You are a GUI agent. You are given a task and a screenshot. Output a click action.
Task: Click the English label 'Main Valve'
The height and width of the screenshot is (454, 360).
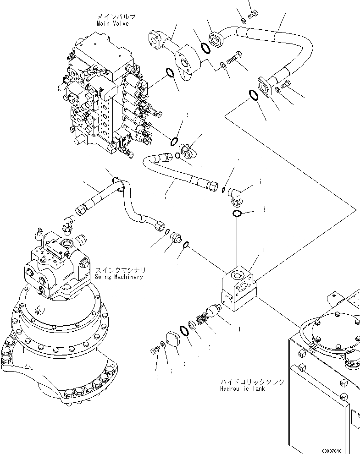pos(112,24)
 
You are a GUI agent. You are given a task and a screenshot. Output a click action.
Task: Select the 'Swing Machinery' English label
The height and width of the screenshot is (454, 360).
pos(119,277)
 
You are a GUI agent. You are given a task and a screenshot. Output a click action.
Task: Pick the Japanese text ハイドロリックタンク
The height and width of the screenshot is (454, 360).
pos(253,382)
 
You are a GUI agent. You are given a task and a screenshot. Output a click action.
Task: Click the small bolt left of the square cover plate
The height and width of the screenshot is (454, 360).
pos(154,350)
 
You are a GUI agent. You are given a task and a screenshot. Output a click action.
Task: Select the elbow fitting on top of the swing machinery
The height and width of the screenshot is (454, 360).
pos(68,223)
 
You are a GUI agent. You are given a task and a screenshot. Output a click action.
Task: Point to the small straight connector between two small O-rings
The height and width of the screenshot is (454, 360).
pos(175,237)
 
